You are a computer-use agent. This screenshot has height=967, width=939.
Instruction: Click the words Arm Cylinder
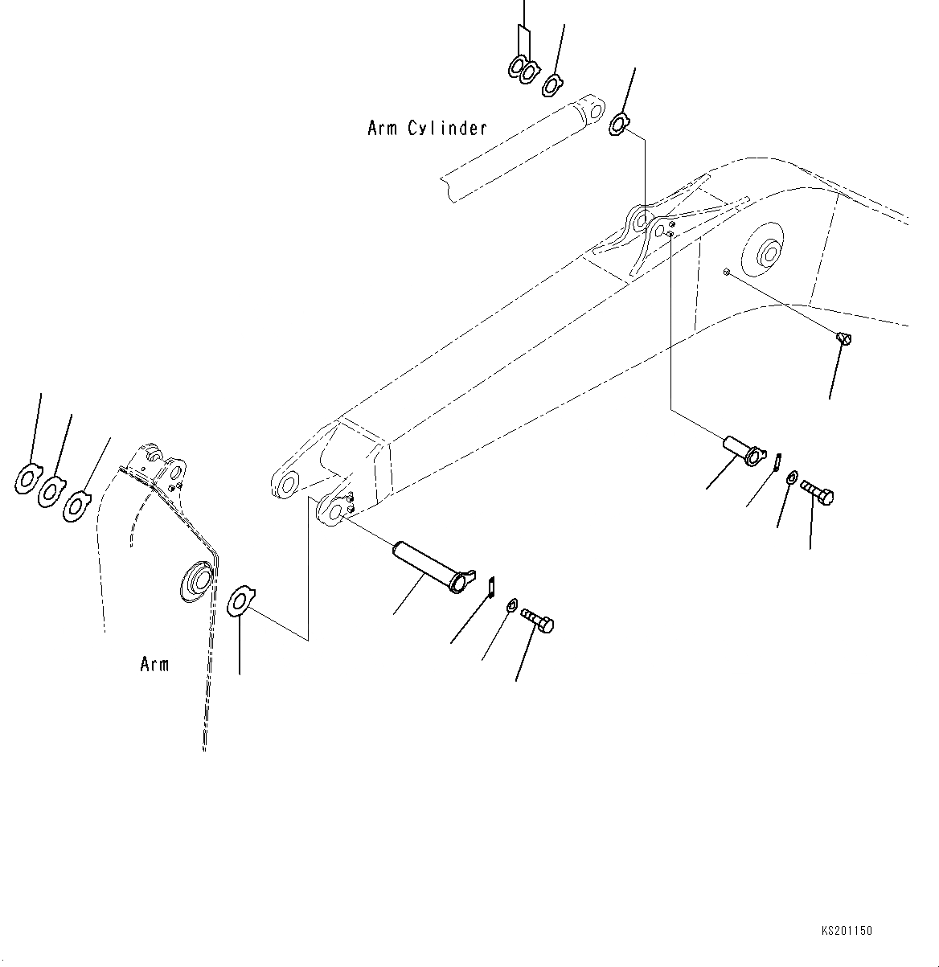tap(427, 128)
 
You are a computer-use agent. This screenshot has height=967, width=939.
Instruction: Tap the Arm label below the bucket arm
tap(154, 665)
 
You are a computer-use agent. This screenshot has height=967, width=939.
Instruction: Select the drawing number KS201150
tap(847, 931)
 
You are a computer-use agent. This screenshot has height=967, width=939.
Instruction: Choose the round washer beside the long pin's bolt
tap(511, 604)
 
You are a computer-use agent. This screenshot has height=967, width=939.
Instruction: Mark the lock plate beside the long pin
tap(491, 586)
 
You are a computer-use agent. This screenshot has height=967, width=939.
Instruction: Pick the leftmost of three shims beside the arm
tap(28, 479)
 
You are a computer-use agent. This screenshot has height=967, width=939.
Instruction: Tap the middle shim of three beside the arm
tap(51, 490)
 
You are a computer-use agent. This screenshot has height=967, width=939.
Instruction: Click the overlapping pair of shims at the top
tap(523, 70)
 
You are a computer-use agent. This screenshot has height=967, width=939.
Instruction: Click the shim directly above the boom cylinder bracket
tap(620, 124)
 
